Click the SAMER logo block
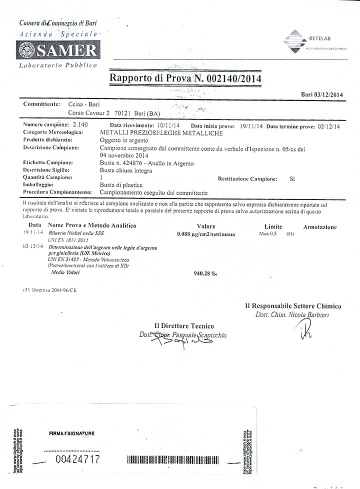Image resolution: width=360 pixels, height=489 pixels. [x=58, y=50]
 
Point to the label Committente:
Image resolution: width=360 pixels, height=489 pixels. [x=41, y=104]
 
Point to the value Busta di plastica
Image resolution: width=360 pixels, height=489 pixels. [x=121, y=185]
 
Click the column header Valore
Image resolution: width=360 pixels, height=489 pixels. [x=206, y=226]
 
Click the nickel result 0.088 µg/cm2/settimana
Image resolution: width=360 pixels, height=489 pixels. [x=206, y=234]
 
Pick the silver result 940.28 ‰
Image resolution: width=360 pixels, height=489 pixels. [x=205, y=273]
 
